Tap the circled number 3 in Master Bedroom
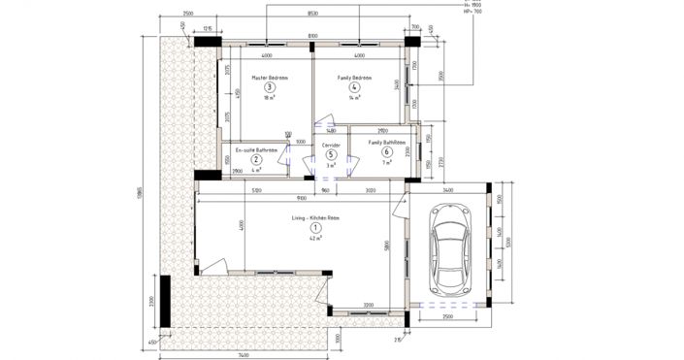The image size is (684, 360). [270, 87]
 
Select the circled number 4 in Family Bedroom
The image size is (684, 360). [354, 87]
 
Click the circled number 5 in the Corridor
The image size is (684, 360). [331, 153]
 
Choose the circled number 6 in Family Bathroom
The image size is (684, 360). [387, 151]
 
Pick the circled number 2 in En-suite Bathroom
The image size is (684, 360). [257, 159]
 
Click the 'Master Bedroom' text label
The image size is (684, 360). [270, 77]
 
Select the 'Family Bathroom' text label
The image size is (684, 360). [386, 142]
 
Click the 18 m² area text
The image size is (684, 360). [270, 98]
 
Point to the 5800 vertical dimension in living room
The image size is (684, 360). [386, 246]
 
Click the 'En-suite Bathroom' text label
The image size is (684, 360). [256, 149]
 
